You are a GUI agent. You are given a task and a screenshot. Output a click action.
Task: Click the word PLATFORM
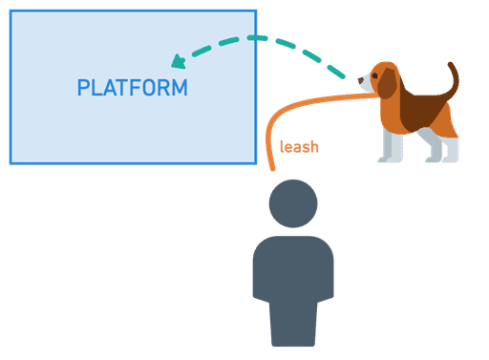click(132, 88)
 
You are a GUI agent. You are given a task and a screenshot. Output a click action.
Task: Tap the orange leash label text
click(299, 147)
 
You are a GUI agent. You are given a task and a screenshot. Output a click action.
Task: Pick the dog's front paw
click(387, 159)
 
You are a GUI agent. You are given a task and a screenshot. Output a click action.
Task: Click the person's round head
click(292, 202)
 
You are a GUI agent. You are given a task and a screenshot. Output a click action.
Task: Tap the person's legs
click(292, 325)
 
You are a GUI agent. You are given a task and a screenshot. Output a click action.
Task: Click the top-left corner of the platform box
click(11, 11)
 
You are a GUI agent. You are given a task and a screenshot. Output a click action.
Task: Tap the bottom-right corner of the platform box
click(255, 163)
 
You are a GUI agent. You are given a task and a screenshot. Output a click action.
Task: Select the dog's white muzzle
click(368, 84)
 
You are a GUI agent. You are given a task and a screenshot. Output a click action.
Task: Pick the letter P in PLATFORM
click(83, 88)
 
